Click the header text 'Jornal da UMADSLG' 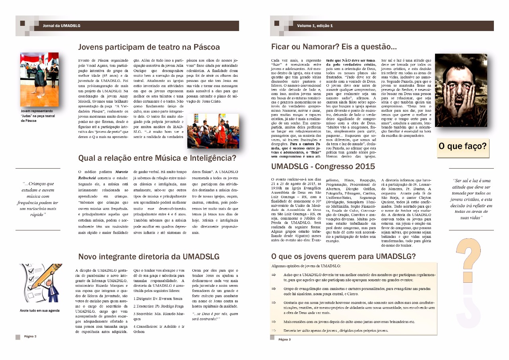(62, 26)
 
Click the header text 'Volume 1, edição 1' (315, 26)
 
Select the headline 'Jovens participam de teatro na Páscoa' (149, 47)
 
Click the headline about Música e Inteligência (157, 158)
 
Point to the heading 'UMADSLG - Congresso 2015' (323, 166)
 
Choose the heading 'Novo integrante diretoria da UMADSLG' (149, 257)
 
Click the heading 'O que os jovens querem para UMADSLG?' (344, 256)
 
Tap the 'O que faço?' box (462, 146)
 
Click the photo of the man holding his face (461, 91)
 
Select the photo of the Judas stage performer (39, 80)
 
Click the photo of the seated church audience (213, 131)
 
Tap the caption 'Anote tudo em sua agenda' (40, 311)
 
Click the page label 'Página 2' (30, 336)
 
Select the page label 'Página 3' (284, 339)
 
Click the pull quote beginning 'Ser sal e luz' (472, 198)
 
